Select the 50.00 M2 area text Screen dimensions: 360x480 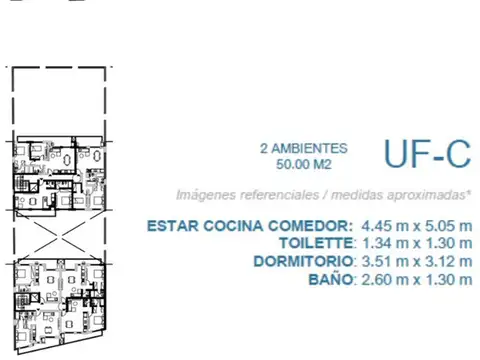[x=304, y=162]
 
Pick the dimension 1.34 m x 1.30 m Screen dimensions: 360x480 [x=414, y=243]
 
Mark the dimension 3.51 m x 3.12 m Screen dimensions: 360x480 [x=414, y=261]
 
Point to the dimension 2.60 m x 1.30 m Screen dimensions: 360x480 [x=414, y=280]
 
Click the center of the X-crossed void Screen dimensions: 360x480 [x=59, y=234]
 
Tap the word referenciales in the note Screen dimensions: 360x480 [x=269, y=194]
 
